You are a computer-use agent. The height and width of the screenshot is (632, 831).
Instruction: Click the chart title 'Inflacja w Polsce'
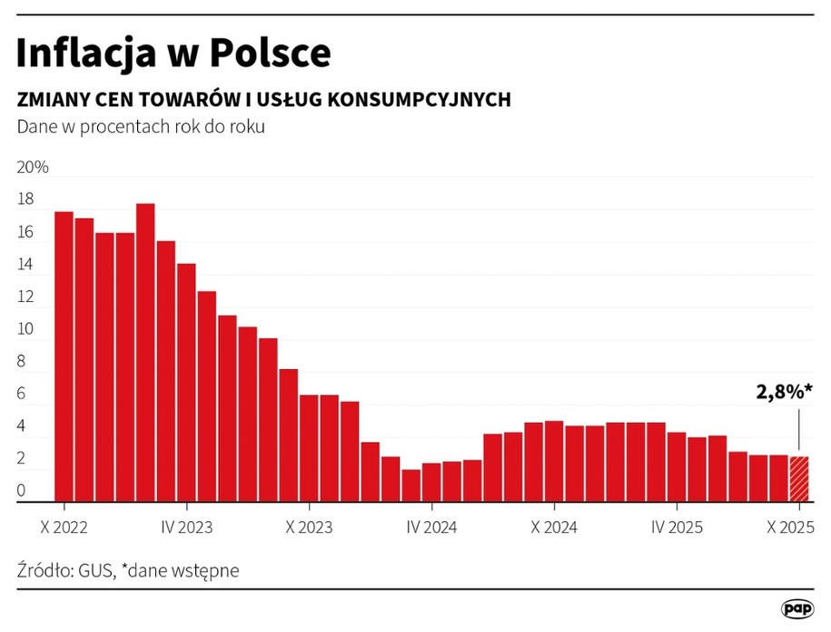[173, 54]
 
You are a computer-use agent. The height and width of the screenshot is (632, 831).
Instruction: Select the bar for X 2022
[64, 356]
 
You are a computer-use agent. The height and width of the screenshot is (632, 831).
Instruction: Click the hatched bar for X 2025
[798, 478]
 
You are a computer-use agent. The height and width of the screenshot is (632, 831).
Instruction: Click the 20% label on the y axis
[33, 168]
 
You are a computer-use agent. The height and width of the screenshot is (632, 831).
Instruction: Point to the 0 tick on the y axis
[22, 492]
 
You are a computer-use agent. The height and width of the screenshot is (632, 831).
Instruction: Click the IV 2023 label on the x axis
[186, 527]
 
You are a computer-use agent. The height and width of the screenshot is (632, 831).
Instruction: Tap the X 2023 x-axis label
[309, 527]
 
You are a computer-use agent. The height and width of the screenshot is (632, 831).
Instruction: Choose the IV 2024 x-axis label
[431, 527]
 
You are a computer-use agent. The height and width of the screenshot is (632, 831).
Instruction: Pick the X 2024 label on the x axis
[554, 527]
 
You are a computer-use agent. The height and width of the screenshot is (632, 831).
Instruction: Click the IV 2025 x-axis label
[677, 527]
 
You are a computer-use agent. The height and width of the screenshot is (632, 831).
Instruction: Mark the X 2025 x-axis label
[790, 527]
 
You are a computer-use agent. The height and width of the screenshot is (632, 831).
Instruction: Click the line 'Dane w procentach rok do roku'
[141, 127]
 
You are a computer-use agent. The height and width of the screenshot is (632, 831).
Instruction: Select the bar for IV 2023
[186, 382]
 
